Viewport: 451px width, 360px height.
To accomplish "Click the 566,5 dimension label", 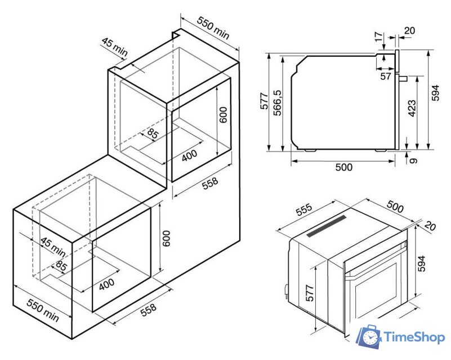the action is pos(278,103).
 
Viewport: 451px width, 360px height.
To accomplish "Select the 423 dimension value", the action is pos(412,109).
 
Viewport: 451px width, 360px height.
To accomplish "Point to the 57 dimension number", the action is pos(386,76).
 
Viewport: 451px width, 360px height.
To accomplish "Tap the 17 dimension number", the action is pos(379,37).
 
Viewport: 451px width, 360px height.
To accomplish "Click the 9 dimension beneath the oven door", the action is pos(413,161).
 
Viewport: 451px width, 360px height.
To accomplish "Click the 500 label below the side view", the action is pos(343,167).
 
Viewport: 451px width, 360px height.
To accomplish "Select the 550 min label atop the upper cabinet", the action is pos(213,28).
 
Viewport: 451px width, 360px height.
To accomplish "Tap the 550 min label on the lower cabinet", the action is pos(43,310).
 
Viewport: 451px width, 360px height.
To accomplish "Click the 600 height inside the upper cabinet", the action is pos(223,115).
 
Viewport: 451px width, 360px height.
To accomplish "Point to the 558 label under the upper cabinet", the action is pos(210,183).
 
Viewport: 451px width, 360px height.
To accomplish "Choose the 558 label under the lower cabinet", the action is pos(149,310).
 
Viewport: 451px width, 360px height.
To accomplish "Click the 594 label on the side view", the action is pos(436,93).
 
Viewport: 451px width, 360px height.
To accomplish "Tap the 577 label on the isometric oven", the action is pos(310,293).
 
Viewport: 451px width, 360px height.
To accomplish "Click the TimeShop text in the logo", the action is pos(414,337).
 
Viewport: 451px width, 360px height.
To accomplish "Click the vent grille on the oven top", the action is pos(327,226).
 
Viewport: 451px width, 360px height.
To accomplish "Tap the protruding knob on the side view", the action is pos(403,78).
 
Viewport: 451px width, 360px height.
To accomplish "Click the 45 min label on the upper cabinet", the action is pos(114,47).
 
